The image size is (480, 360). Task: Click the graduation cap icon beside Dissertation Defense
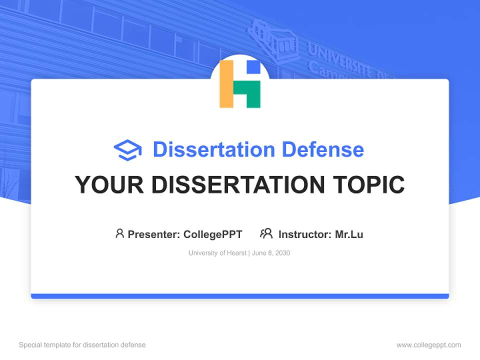127,150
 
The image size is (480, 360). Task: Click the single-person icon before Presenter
119,233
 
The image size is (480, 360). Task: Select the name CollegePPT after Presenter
213,234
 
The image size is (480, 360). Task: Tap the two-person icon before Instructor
266,233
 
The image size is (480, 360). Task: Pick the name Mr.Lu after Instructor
349,234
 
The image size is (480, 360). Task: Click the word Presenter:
154,234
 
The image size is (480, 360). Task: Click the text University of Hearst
217,253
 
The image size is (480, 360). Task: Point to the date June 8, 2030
271,253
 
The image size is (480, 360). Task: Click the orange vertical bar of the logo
226,84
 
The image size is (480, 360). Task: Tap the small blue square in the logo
254,67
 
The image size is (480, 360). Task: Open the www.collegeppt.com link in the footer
428,345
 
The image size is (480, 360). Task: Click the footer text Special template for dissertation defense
82,345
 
